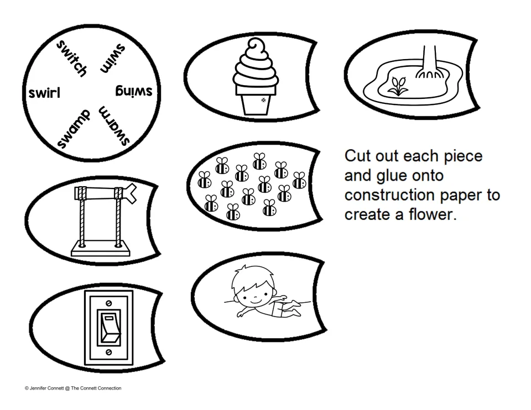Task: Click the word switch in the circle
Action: (71, 58)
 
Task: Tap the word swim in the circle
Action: (113, 58)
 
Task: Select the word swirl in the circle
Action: (44, 93)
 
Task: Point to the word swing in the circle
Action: (134, 91)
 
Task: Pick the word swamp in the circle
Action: (74, 129)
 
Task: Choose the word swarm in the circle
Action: (114, 126)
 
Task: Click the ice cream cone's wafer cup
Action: (256, 100)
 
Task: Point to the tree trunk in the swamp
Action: (428, 61)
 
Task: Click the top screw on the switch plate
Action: (109, 303)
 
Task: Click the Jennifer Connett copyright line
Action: (73, 388)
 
